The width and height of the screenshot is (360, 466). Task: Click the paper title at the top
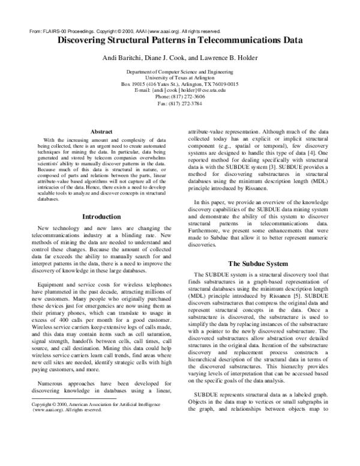click(x=179, y=41)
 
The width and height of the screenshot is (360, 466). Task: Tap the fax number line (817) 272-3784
click(x=179, y=103)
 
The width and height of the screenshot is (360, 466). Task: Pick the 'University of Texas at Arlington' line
click(x=179, y=77)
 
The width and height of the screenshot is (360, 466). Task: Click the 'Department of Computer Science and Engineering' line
click(x=179, y=71)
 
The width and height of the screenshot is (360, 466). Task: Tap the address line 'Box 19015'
click(x=179, y=84)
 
